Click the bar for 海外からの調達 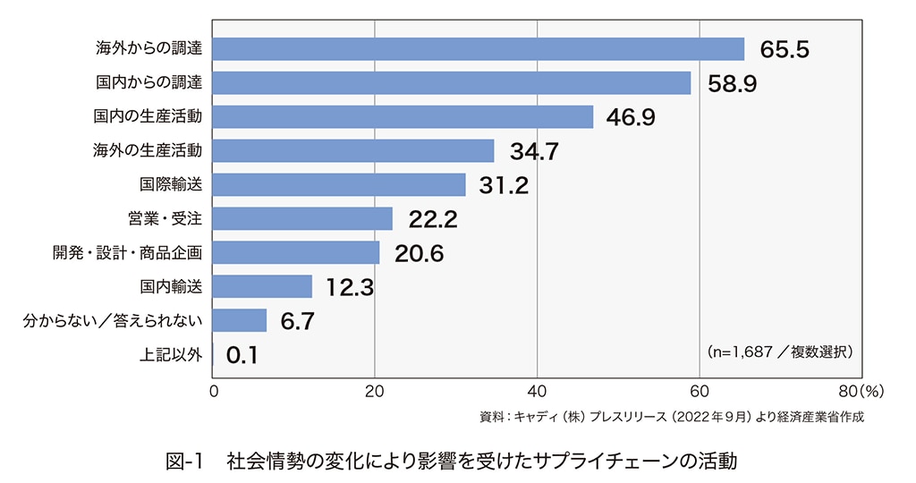(479, 49)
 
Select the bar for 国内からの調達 (452, 83)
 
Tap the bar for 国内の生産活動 (403, 117)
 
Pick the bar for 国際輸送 (339, 185)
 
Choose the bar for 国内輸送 (262, 287)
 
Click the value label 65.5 (785, 50)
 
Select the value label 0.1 (242, 356)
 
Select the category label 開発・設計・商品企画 (127, 253)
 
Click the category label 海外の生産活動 (148, 151)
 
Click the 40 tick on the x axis (537, 391)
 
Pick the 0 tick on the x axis (214, 391)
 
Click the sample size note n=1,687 (779, 352)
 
